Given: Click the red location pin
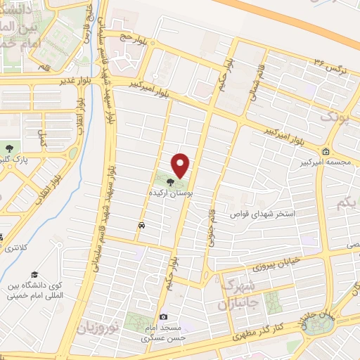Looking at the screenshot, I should (x=181, y=165).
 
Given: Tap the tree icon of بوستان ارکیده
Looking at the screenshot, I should (x=172, y=180).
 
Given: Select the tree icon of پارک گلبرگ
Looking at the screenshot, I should (x=10, y=148).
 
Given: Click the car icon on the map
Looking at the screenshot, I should (x=142, y=226).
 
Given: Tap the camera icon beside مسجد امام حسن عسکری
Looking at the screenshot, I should (x=164, y=317).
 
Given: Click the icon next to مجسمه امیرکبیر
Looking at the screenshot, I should (x=326, y=151).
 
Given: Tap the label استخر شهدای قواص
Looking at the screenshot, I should (x=267, y=212).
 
